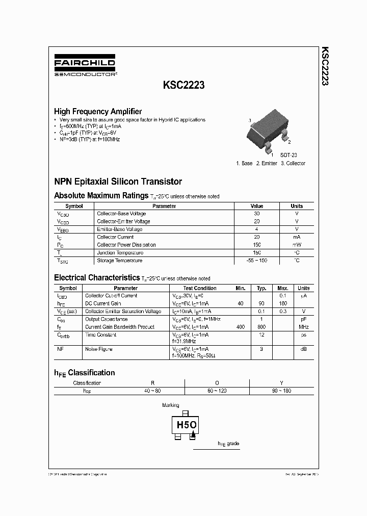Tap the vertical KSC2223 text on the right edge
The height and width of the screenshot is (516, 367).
(x=324, y=66)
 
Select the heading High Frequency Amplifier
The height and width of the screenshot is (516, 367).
(x=98, y=111)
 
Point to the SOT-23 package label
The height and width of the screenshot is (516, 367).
(x=289, y=154)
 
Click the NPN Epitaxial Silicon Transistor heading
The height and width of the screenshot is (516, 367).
(x=118, y=182)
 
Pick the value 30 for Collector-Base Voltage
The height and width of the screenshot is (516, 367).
(x=256, y=214)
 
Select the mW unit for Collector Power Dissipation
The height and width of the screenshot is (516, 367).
(x=297, y=245)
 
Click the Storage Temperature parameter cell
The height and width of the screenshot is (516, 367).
(x=119, y=261)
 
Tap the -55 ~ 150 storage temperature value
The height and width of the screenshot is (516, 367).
(x=256, y=261)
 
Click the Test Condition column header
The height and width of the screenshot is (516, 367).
(x=199, y=288)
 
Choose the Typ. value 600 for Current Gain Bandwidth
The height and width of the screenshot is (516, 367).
(x=261, y=327)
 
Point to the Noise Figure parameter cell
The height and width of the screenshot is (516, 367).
(x=99, y=349)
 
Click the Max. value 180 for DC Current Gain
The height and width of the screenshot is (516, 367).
(x=283, y=303)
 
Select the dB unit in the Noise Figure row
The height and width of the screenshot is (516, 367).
(x=304, y=349)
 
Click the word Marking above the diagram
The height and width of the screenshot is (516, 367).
(x=170, y=405)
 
